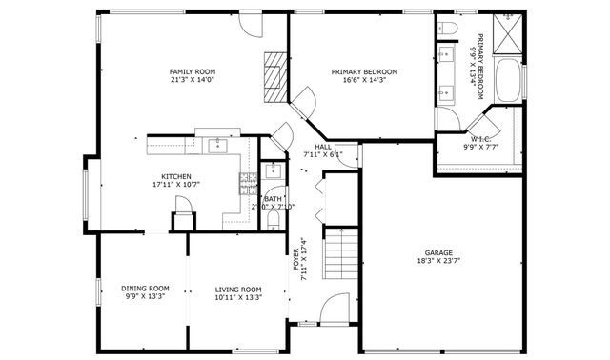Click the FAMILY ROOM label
click(193, 72)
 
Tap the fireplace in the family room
click(274, 75)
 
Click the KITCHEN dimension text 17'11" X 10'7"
click(176, 185)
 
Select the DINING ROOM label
click(145, 289)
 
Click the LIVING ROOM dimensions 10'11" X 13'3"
click(237, 297)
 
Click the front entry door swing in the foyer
click(335, 310)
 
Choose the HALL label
click(323, 146)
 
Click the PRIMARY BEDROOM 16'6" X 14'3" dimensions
click(364, 80)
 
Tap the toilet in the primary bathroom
click(448, 31)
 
